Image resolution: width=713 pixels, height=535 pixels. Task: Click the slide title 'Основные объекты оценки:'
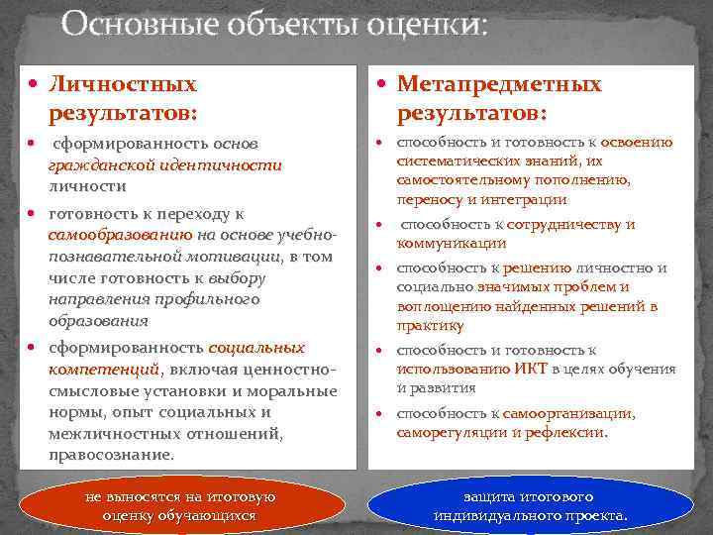(x=274, y=24)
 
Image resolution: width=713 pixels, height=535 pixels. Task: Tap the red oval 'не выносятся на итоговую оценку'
(x=179, y=505)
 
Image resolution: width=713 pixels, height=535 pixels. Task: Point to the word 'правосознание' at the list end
(x=110, y=455)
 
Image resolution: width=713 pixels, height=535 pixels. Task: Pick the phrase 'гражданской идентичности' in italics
(x=164, y=165)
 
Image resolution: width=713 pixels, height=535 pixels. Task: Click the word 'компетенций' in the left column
(x=103, y=369)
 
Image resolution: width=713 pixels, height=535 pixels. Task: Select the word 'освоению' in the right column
(x=636, y=142)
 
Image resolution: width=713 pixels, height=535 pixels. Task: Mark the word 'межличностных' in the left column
(x=106, y=433)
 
